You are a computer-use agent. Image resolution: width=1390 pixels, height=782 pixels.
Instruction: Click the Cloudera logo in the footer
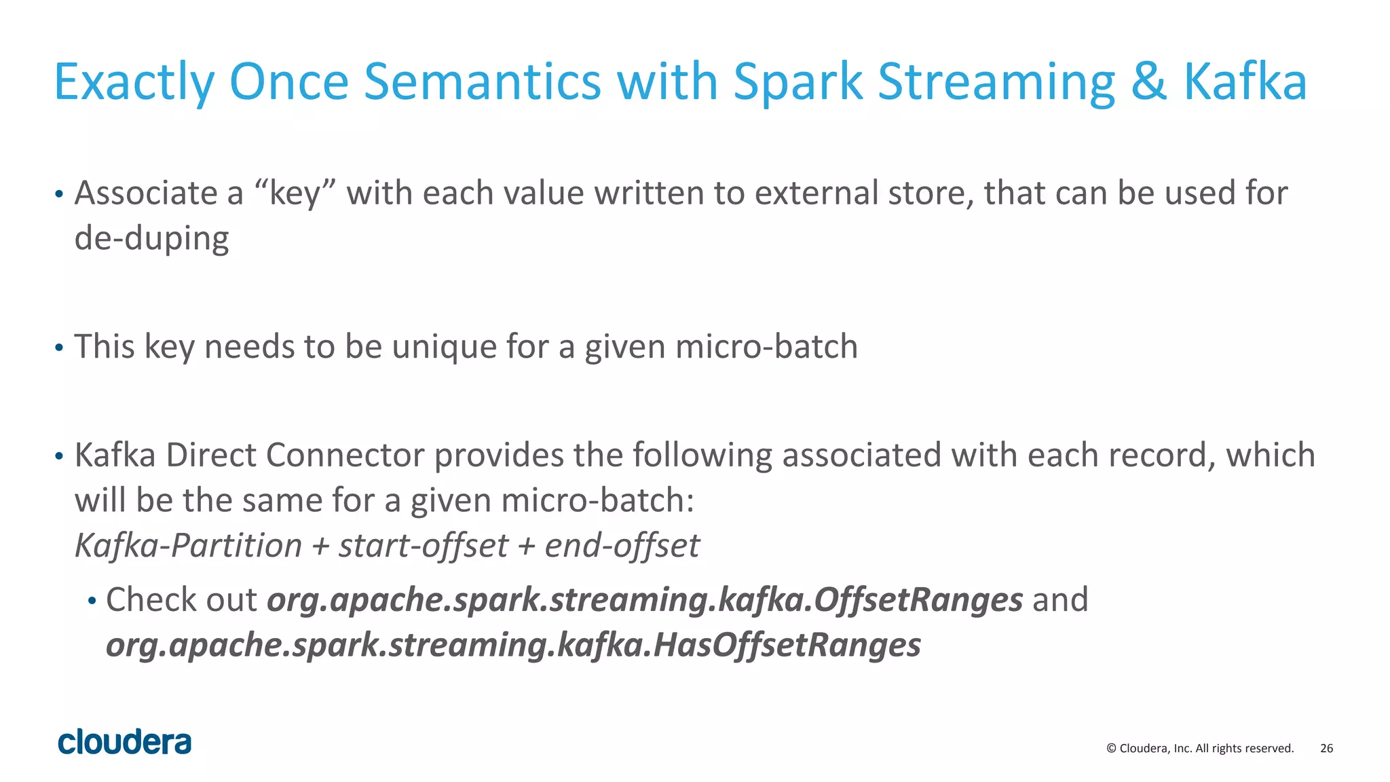tap(125, 741)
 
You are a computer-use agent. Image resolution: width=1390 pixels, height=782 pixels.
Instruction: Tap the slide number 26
tap(1326, 748)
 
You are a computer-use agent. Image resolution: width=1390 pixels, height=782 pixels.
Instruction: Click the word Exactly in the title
tap(134, 82)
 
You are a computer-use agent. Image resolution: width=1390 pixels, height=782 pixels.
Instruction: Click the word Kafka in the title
tap(1245, 82)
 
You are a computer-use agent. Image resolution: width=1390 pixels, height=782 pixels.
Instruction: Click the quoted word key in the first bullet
tap(295, 193)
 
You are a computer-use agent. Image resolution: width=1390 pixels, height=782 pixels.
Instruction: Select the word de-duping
tap(151, 238)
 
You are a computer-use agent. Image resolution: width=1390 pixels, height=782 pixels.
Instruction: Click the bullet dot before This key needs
tap(59, 348)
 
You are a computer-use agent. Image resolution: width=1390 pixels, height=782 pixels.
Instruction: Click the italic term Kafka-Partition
tap(188, 546)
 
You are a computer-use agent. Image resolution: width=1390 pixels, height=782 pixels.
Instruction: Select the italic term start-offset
tap(423, 546)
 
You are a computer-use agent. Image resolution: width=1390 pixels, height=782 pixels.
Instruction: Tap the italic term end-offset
tap(622, 546)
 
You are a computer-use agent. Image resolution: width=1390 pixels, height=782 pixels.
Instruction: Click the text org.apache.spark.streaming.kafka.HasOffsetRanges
tap(513, 645)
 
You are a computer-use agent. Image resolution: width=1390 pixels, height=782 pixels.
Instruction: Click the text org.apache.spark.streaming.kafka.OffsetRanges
tap(644, 600)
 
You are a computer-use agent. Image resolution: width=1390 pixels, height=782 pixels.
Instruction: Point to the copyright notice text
tap(1199, 748)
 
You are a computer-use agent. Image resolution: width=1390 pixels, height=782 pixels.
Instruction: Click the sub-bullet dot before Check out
tap(92, 601)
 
